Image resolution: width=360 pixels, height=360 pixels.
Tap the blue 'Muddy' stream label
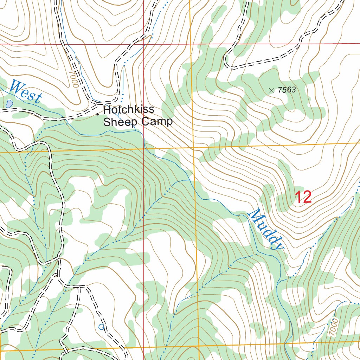[x=265, y=229]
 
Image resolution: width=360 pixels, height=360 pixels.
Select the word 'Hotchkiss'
[x=129, y=110]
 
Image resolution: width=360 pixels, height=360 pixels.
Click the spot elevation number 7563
[x=286, y=90]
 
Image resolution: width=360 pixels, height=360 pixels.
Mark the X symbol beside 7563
[x=271, y=90]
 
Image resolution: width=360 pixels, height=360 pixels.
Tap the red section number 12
[x=303, y=197]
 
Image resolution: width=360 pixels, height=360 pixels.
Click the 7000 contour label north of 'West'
[x=74, y=78]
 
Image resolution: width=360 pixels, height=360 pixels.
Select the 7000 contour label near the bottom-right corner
[x=334, y=327]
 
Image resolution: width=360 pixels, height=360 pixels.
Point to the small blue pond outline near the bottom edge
[x=102, y=327]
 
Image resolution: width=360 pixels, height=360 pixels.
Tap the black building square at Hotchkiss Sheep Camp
[x=98, y=114]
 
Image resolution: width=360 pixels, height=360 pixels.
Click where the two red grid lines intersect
[x=143, y=44]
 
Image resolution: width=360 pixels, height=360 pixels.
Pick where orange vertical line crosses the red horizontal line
[x=190, y=44]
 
